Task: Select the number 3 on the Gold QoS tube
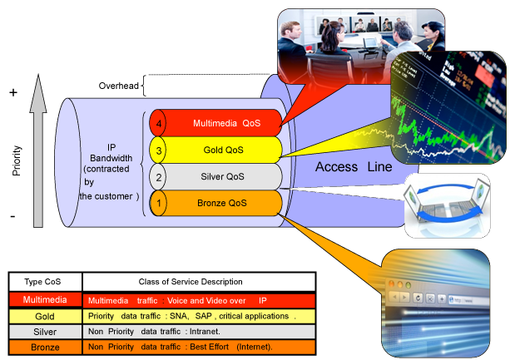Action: [x=161, y=150]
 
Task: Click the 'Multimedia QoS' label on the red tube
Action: [x=227, y=124]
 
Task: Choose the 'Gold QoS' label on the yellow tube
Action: [x=227, y=150]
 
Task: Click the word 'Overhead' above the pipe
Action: [x=118, y=85]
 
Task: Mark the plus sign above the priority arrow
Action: [x=13, y=92]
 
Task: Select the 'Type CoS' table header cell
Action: [x=45, y=282]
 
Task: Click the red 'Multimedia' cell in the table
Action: [x=45, y=299]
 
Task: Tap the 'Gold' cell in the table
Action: [x=45, y=316]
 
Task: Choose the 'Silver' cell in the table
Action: [x=45, y=332]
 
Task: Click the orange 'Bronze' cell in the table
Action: [x=45, y=348]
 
